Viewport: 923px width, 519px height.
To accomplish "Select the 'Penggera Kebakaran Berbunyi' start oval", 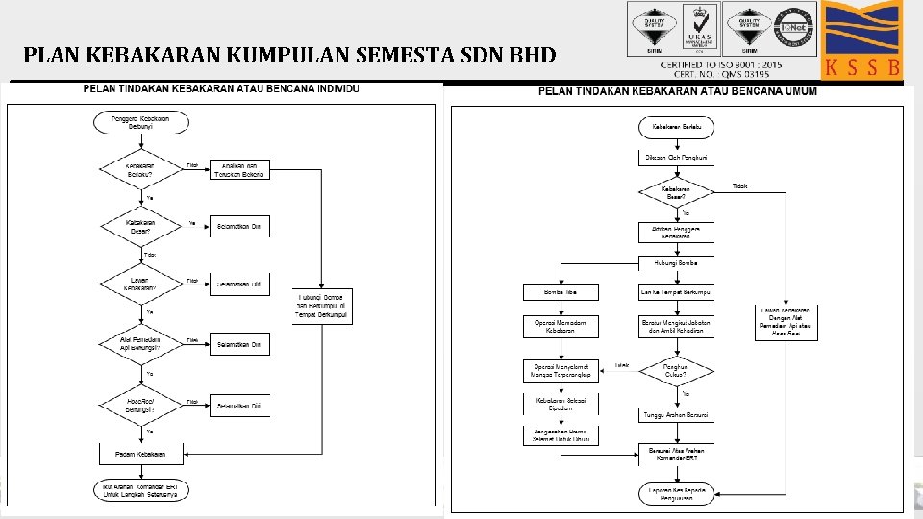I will pyautogui.click(x=141, y=122).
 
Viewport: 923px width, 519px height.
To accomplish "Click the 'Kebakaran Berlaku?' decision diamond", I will pyautogui.click(x=141, y=169).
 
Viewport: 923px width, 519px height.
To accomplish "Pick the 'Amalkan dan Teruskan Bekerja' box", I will pyautogui.click(x=239, y=169).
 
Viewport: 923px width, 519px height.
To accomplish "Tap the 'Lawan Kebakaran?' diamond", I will pyautogui.click(x=141, y=284).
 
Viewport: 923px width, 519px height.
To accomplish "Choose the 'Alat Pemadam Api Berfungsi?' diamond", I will pyautogui.click(x=141, y=343).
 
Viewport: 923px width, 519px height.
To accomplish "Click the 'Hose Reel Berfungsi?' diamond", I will pyautogui.click(x=141, y=405).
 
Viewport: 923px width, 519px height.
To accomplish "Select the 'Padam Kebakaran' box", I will pyautogui.click(x=141, y=452).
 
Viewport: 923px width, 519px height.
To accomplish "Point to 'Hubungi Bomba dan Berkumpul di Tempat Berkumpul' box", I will pyautogui.click(x=322, y=307).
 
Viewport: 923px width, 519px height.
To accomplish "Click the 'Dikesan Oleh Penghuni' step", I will pyautogui.click(x=676, y=157).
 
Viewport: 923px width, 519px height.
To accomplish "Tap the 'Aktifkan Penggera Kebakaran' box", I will pyautogui.click(x=676, y=232).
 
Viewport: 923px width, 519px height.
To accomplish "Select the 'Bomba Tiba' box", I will pyautogui.click(x=561, y=292).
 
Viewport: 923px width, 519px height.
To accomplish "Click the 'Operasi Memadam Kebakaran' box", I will pyautogui.click(x=561, y=326).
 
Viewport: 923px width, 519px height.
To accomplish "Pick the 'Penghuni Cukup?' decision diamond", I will pyautogui.click(x=676, y=370).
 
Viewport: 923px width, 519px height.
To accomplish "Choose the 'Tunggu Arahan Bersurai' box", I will pyautogui.click(x=676, y=415).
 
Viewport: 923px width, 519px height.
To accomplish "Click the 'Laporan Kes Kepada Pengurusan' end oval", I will pyautogui.click(x=676, y=493).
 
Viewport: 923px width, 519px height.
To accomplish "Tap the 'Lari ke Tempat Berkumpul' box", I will pyautogui.click(x=676, y=292).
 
